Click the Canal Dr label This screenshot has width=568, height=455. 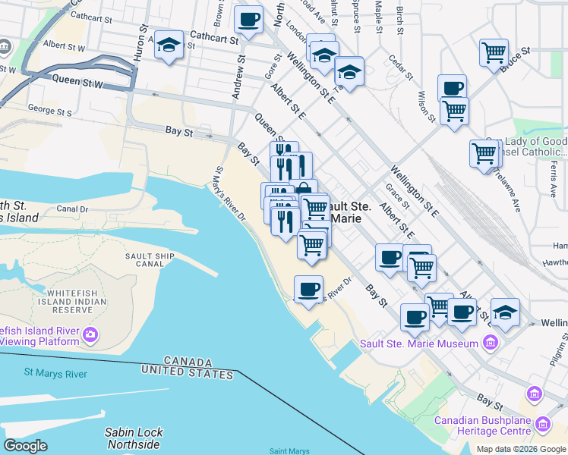(x=73, y=209)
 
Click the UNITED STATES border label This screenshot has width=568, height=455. (x=186, y=374)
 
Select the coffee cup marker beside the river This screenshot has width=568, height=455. (x=308, y=290)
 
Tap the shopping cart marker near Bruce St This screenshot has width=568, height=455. (x=494, y=52)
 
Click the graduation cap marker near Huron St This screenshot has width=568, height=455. (x=169, y=45)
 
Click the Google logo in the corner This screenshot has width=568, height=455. (x=25, y=446)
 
